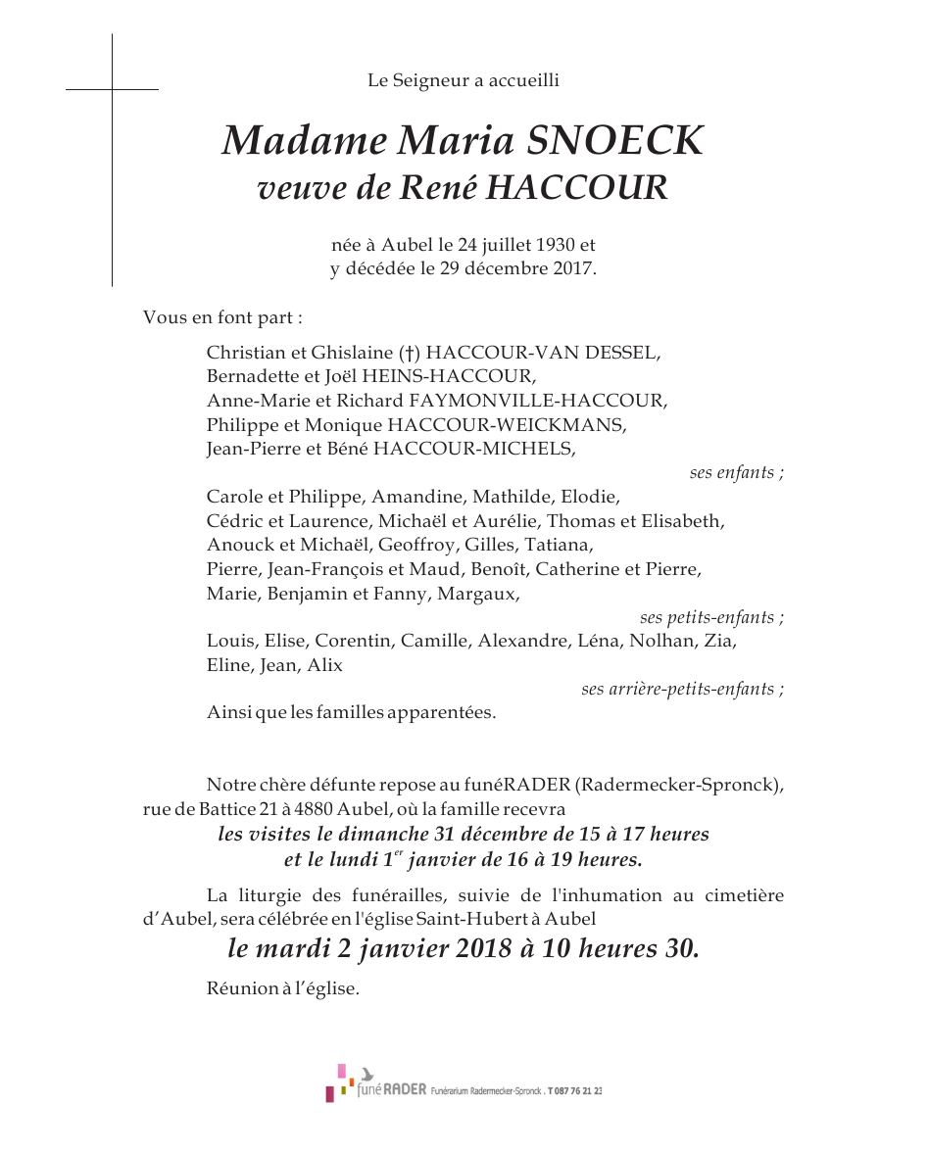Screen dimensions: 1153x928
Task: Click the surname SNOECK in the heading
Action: pyautogui.click(x=614, y=142)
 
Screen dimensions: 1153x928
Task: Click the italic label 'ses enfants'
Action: pyautogui.click(x=735, y=473)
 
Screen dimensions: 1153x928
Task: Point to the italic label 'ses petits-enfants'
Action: pyautogui.click(x=710, y=618)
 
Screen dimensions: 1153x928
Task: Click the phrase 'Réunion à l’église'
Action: pyautogui.click(x=282, y=988)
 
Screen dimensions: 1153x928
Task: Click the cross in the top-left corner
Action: pyautogui.click(x=112, y=90)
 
